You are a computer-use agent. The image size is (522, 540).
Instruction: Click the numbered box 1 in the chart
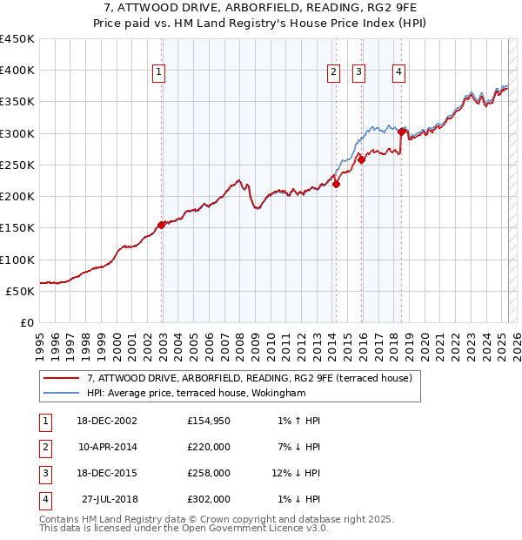pyautogui.click(x=160, y=73)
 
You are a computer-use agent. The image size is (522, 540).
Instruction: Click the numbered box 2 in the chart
pyautogui.click(x=334, y=73)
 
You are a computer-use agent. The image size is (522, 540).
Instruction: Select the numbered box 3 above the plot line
pyautogui.click(x=359, y=73)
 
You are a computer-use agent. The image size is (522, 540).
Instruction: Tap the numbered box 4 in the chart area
pyautogui.click(x=398, y=73)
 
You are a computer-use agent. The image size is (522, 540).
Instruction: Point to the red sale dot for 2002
pyautogui.click(x=161, y=225)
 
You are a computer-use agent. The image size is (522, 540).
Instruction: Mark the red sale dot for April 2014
pyautogui.click(x=336, y=184)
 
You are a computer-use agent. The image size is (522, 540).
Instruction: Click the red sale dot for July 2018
pyautogui.click(x=401, y=132)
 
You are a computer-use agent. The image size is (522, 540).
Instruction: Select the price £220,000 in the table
pyautogui.click(x=209, y=447)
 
